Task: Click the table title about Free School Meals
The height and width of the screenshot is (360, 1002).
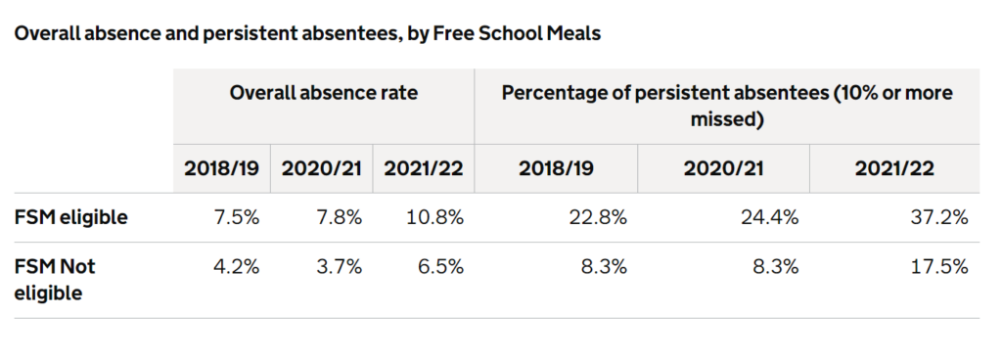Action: point(306,33)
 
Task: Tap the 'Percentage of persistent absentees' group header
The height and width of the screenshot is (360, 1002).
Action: point(726,106)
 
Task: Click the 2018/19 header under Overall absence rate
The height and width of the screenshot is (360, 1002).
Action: point(222,168)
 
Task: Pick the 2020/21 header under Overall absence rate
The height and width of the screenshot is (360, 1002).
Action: point(322,168)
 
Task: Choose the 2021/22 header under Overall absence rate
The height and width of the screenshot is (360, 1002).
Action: point(423,168)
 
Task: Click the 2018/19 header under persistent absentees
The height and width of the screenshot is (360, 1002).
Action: point(556,168)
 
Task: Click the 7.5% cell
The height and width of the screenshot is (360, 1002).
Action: point(236,217)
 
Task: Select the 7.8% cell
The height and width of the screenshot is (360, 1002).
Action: point(338,217)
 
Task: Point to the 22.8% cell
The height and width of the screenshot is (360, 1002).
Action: point(597,217)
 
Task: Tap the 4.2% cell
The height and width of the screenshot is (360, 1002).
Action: point(236,266)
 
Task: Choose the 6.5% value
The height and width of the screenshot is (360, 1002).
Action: point(439,266)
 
